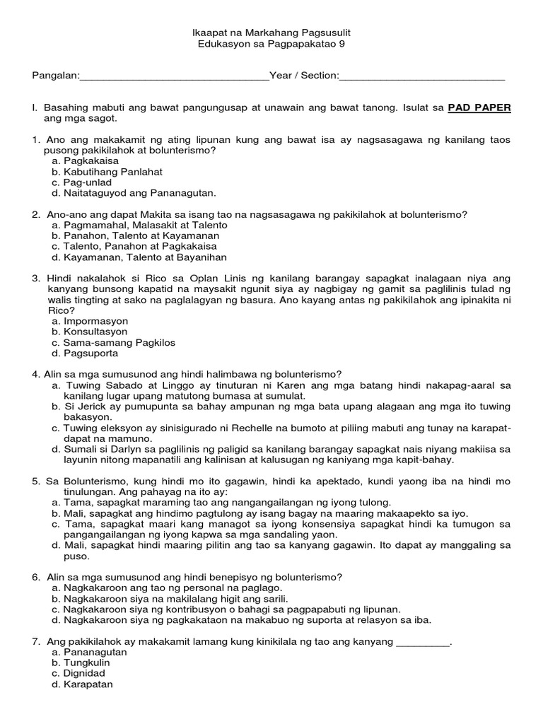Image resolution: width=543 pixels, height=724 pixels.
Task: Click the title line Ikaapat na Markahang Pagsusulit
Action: point(272,33)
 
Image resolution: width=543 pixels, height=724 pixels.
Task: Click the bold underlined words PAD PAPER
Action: point(479,107)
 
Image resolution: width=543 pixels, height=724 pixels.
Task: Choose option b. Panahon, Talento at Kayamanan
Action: point(135,235)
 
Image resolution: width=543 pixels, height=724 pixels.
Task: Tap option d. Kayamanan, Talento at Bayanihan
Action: point(139,257)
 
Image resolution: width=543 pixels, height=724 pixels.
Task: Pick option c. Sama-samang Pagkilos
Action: point(113,342)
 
